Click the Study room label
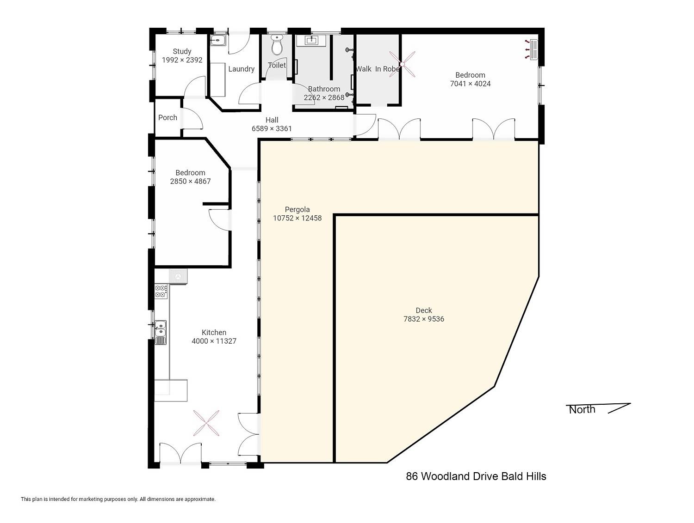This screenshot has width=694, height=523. pyautogui.click(x=182, y=51)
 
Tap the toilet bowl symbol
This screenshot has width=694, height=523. pyautogui.click(x=277, y=45)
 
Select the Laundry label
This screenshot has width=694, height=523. pyautogui.click(x=241, y=69)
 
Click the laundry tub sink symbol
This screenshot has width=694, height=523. pyautogui.click(x=218, y=40)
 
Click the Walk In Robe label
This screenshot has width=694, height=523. pyautogui.click(x=378, y=69)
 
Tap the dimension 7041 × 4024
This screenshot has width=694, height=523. pyautogui.click(x=470, y=84)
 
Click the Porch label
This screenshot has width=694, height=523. pyautogui.click(x=167, y=117)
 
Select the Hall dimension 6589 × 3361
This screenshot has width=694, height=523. pyautogui.click(x=272, y=128)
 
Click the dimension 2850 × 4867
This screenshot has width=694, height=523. pyautogui.click(x=190, y=181)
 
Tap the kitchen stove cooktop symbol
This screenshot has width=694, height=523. pyautogui.click(x=161, y=292)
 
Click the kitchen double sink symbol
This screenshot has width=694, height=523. pyautogui.click(x=160, y=332)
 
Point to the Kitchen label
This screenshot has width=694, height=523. pyautogui.click(x=214, y=332)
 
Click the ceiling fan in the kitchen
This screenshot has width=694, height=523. pyautogui.click(x=206, y=423)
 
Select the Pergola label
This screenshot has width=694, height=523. pyautogui.click(x=297, y=209)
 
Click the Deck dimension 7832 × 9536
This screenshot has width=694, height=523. pyautogui.click(x=424, y=319)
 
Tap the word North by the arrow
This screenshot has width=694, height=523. pyautogui.click(x=582, y=410)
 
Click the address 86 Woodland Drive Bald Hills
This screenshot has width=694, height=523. pyautogui.click(x=476, y=476)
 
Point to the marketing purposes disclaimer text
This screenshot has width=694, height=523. pyautogui.click(x=118, y=499)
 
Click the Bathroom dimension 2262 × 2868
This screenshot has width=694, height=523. pyautogui.click(x=324, y=97)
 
